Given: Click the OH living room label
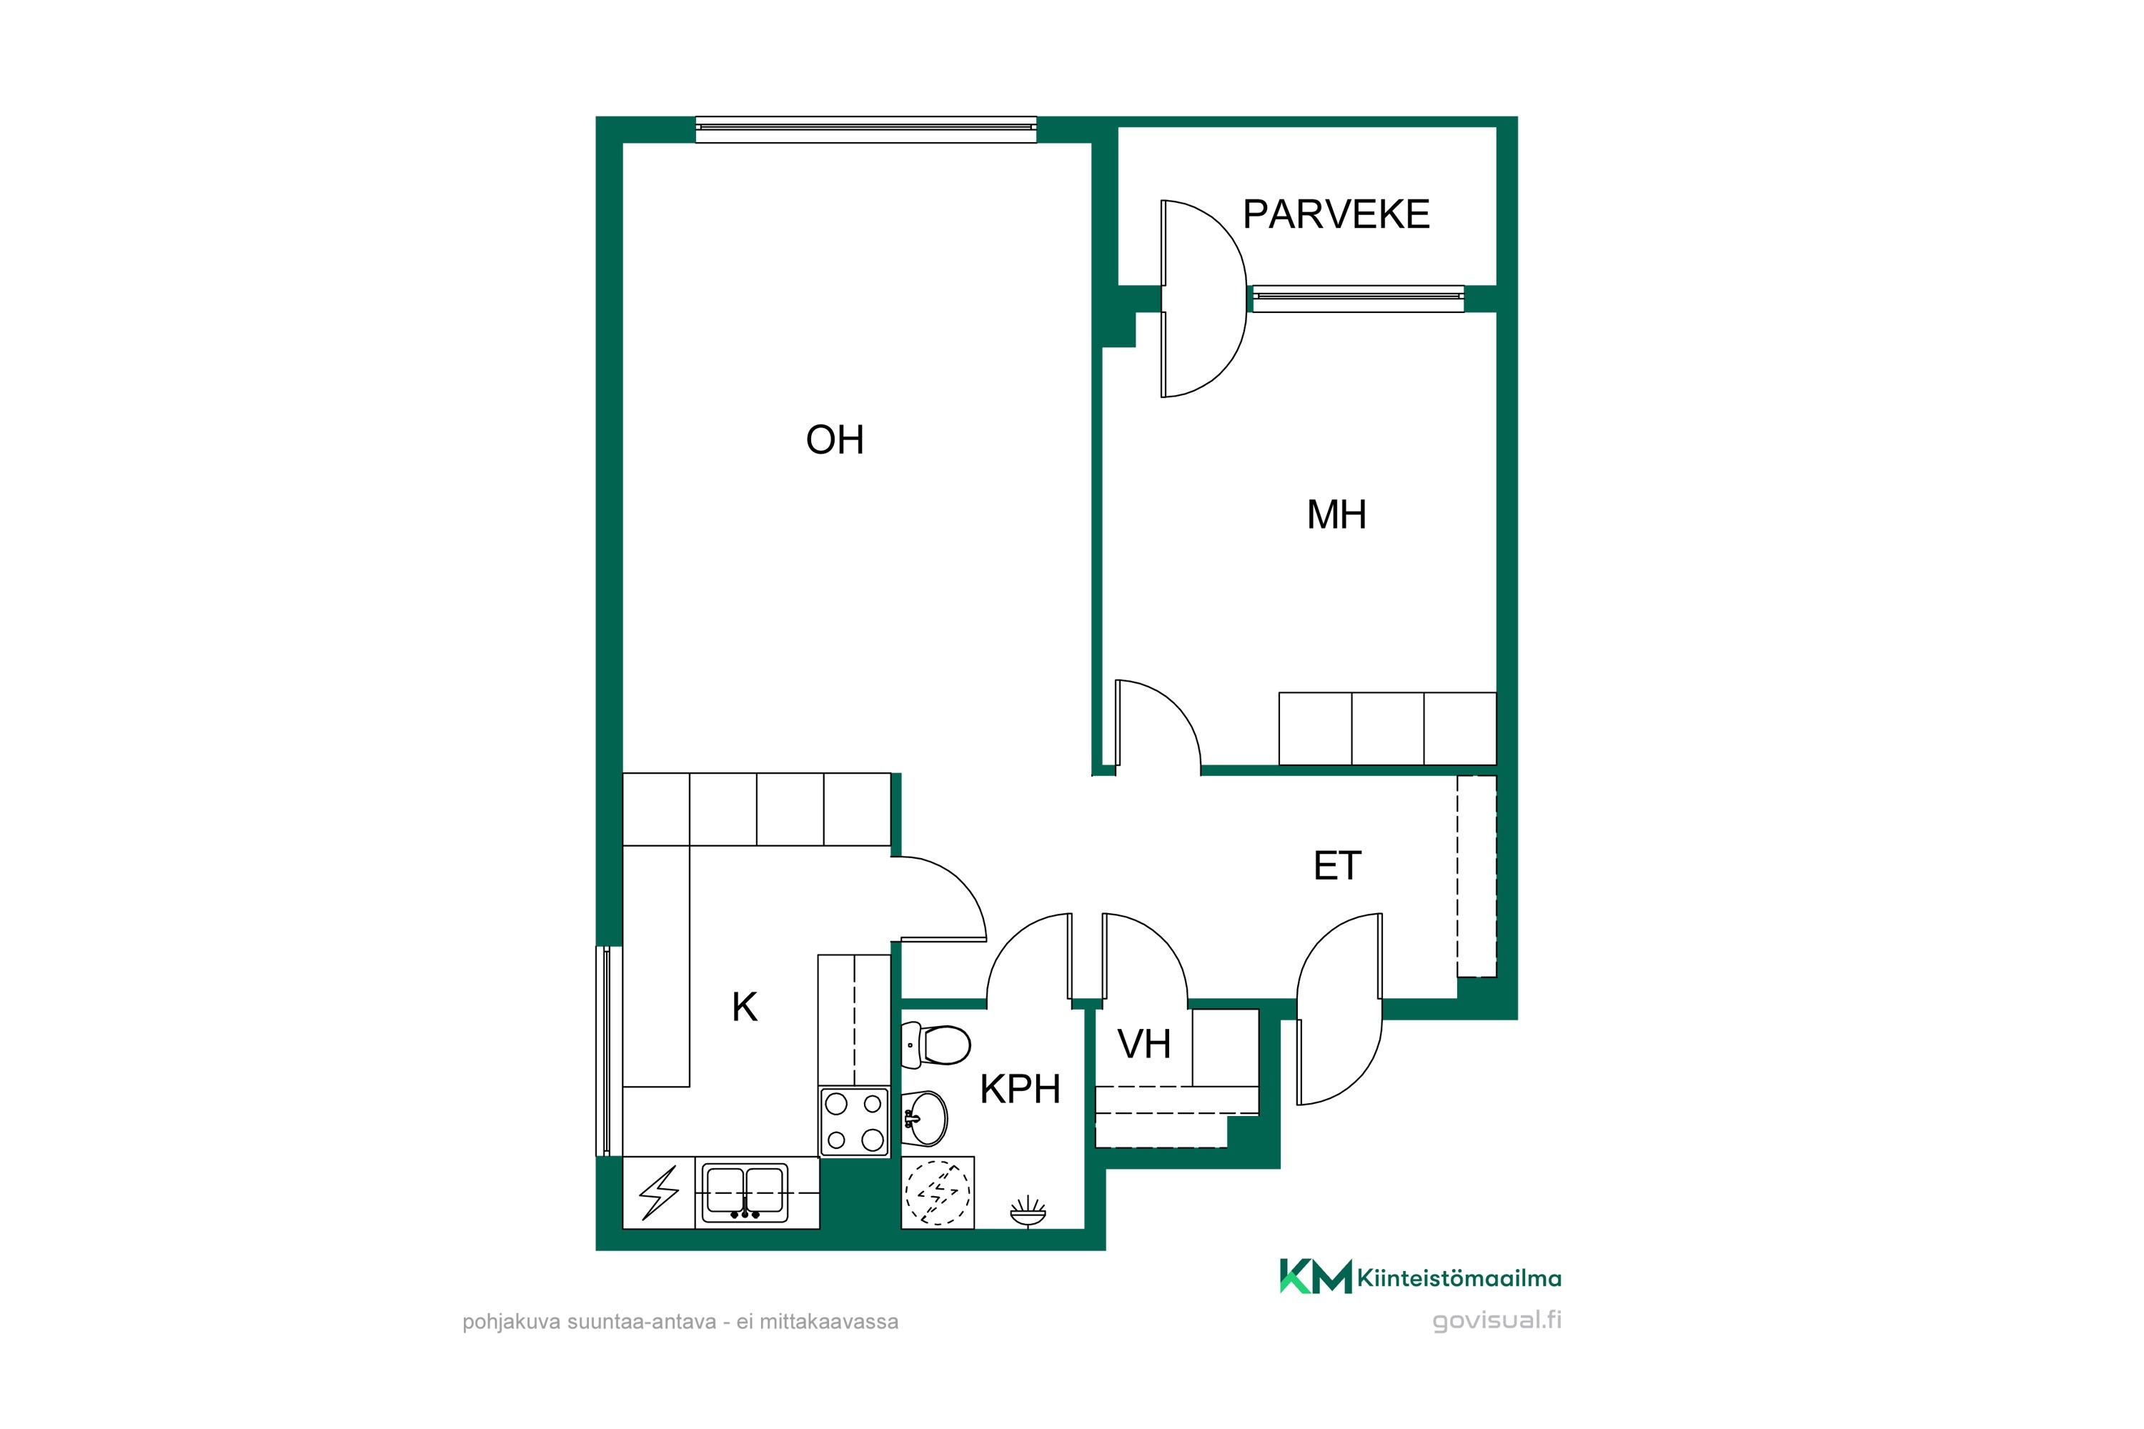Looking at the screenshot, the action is [x=834, y=440].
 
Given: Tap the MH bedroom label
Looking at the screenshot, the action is [x=1336, y=515].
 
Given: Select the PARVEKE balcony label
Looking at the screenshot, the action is [x=1336, y=214].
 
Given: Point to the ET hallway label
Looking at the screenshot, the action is [x=1336, y=866].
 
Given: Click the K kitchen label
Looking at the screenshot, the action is [x=745, y=1007].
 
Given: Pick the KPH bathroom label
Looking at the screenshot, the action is [x=1020, y=1089].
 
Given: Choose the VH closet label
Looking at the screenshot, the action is [x=1144, y=1045].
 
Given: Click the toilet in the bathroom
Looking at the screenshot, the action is [x=935, y=1045].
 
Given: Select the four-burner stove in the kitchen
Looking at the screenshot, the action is [x=854, y=1122].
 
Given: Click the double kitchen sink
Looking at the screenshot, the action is [x=745, y=1194].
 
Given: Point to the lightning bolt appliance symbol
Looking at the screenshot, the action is [x=658, y=1193].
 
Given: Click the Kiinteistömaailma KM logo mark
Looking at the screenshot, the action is [x=1316, y=1276].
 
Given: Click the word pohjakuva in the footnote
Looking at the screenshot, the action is [x=512, y=1323].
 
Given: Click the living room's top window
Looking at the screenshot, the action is [x=866, y=129].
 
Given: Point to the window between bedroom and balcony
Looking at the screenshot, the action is [x=1359, y=299].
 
